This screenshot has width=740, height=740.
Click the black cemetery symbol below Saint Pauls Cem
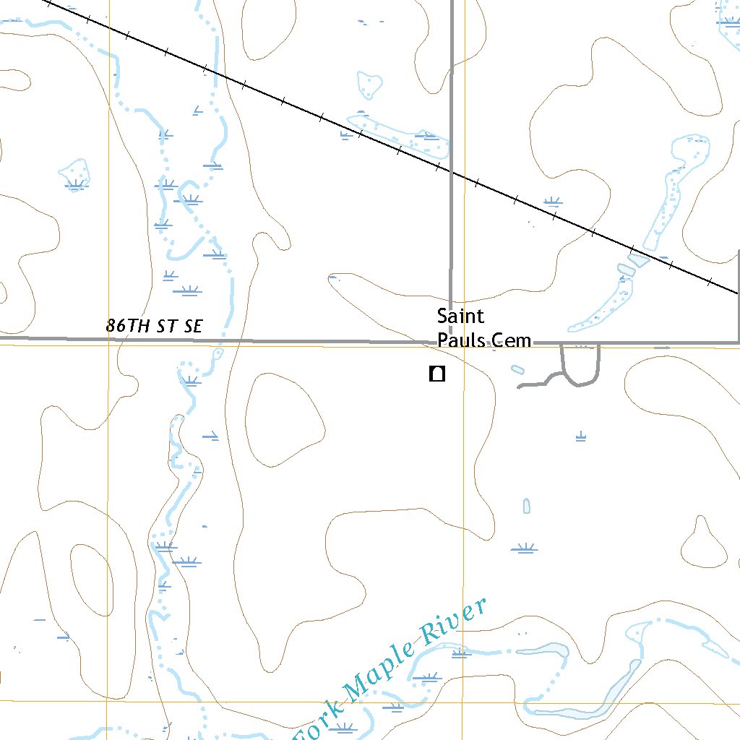coord(436,374)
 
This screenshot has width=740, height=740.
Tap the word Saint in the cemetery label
coord(460,317)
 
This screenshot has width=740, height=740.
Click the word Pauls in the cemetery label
coord(460,340)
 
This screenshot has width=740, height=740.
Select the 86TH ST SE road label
coord(154,326)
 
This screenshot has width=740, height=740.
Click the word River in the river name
coord(454,622)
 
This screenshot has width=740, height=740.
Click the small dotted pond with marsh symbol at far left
coord(75,173)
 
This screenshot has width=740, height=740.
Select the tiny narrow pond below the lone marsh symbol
coord(527,505)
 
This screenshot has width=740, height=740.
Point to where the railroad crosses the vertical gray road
coord(452,173)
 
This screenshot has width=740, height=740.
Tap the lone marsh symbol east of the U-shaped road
coord(580,436)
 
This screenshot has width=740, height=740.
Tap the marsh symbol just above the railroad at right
coord(553,201)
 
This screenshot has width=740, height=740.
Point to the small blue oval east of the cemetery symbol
coord(517,370)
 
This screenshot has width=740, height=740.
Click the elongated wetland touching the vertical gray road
coord(401,135)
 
